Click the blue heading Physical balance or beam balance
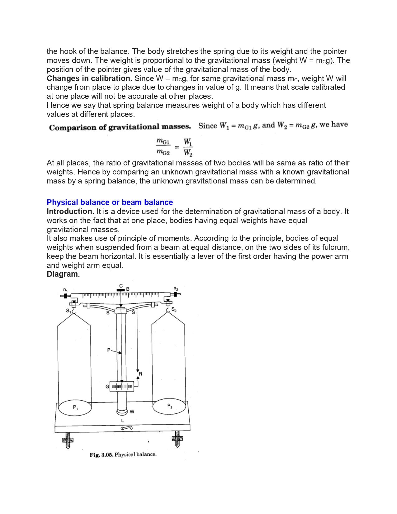[110, 202]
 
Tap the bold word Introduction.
[70, 212]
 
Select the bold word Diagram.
[63, 274]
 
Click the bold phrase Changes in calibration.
[89, 79]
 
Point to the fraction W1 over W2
[188, 147]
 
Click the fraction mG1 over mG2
[163, 147]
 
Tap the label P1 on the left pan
[75, 407]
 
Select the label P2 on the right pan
[170, 406]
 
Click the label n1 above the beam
[65, 290]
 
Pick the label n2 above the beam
[176, 288]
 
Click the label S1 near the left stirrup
[68, 311]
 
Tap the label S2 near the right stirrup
[174, 310]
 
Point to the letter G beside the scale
[107, 387]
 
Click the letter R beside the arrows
[140, 374]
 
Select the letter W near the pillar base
[132, 412]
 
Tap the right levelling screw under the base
[177, 439]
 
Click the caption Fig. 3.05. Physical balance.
[123, 455]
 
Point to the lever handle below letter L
[127, 428]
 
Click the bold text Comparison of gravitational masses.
[120, 127]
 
